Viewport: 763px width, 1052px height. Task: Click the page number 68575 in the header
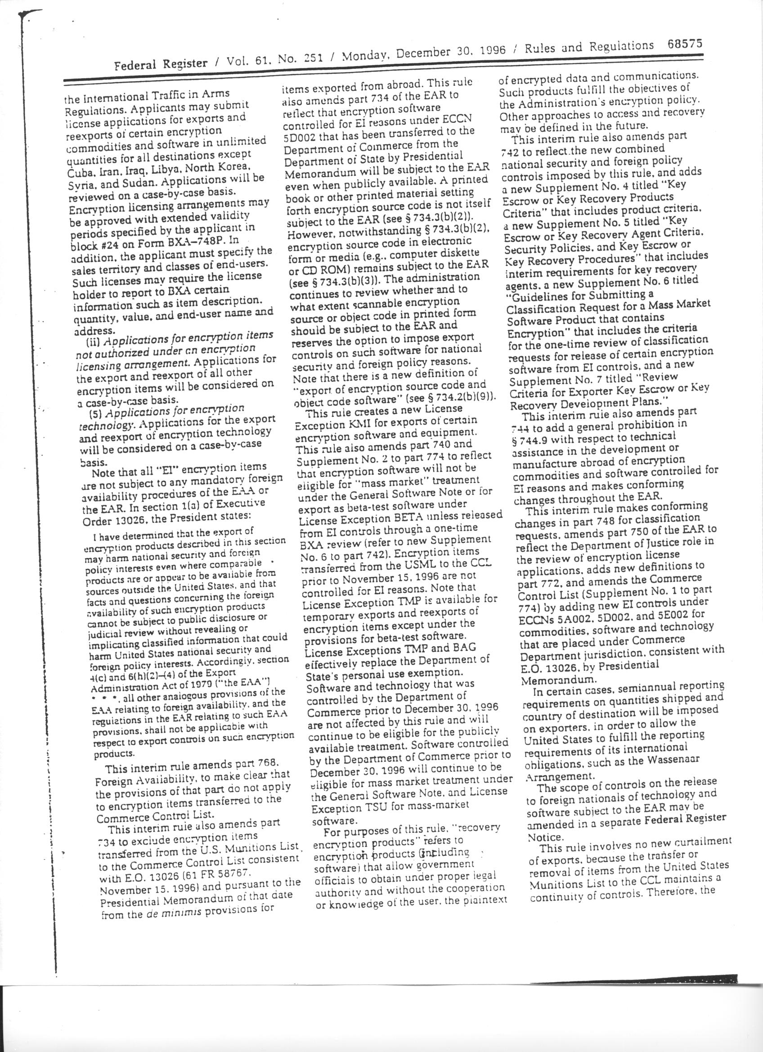click(685, 45)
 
